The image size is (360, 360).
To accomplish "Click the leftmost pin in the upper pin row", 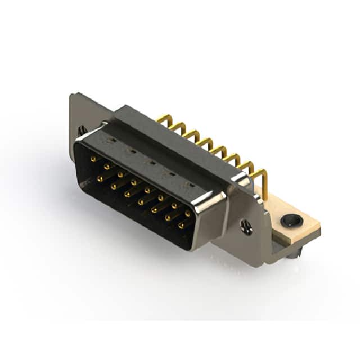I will click(93, 160).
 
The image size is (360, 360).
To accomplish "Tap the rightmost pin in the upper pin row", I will click(187, 214).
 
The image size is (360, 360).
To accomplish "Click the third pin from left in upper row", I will click(120, 175).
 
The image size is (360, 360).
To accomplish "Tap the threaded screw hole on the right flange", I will click(246, 226).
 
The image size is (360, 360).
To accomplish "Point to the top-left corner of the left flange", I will click(71, 95).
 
